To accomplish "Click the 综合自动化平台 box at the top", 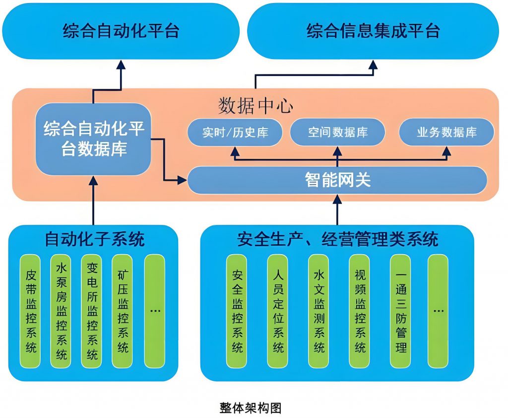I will [x=121, y=31].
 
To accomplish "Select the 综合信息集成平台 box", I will [x=373, y=31].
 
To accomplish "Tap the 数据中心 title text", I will [x=255, y=106].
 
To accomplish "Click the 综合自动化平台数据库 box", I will [x=93, y=139].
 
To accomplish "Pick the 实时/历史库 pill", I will [x=235, y=133].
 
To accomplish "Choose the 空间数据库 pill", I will [x=337, y=133].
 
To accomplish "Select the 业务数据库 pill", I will [x=446, y=133].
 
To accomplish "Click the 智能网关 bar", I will [x=337, y=180].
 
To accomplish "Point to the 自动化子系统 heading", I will [x=94, y=239].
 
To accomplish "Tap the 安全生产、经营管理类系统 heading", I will [x=337, y=239].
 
